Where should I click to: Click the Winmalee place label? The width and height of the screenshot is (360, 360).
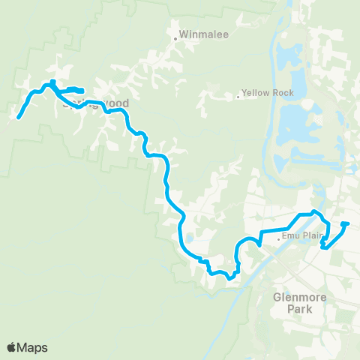point(193,35)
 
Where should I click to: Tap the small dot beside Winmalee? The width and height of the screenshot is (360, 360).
point(175,35)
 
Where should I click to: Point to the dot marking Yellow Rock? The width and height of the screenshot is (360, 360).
point(238,95)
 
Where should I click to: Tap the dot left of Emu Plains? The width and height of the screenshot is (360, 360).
point(279,239)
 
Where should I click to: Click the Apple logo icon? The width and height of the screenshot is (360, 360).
point(12,347)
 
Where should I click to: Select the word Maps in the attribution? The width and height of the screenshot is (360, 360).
point(33,347)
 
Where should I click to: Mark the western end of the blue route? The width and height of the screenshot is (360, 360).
point(18,117)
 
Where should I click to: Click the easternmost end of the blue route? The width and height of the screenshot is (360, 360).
point(347,223)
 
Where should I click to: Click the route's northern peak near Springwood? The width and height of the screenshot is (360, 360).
point(53,82)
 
